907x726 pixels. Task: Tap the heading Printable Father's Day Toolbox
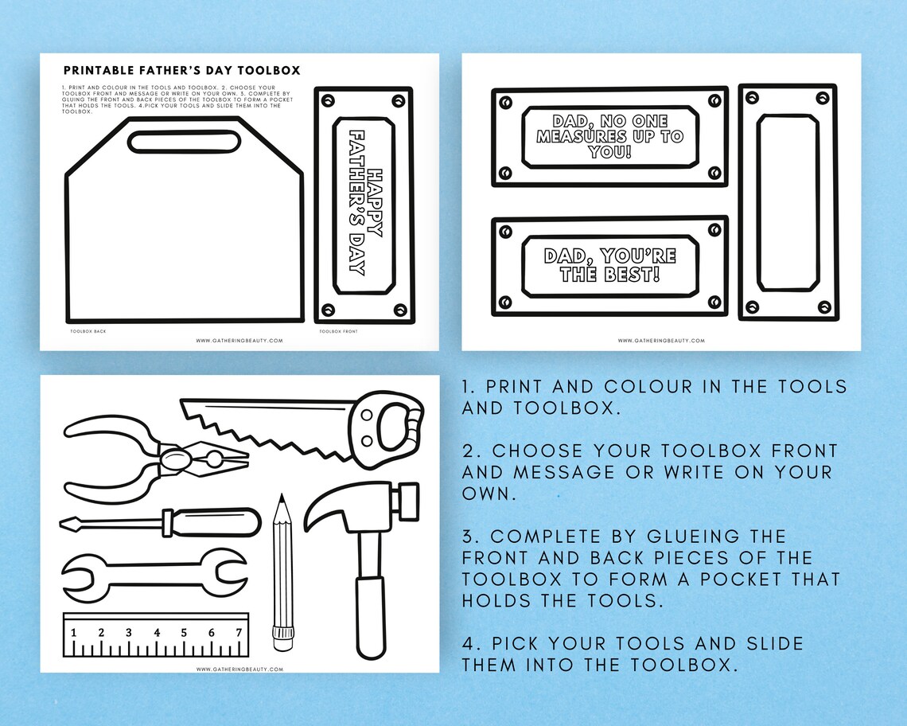(181, 70)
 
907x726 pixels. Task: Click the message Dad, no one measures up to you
(609, 137)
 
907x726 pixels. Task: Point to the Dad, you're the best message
(609, 265)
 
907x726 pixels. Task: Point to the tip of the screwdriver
(68, 524)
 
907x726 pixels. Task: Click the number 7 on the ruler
(237, 633)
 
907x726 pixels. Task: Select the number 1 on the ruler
(74, 633)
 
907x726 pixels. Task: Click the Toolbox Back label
(88, 330)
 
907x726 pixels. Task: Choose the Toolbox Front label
(337, 330)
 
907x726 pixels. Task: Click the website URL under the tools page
(239, 669)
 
